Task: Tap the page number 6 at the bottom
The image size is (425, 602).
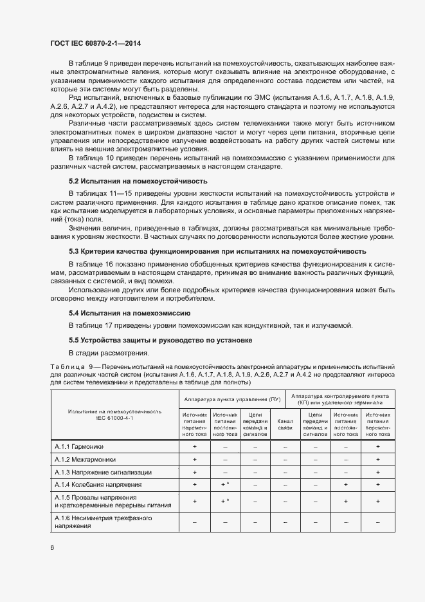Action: pos(52,547)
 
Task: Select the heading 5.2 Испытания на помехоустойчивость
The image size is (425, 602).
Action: pos(129,182)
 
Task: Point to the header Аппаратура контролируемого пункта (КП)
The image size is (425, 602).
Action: pos(342,399)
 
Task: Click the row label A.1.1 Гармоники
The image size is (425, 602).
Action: pos(79,446)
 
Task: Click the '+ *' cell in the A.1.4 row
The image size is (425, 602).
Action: pos(225,484)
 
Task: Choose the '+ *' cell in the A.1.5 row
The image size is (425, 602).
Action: pos(225,501)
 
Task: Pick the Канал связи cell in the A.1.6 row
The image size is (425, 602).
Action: pos(285,522)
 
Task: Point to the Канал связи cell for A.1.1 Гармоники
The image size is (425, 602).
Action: pos(285,446)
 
